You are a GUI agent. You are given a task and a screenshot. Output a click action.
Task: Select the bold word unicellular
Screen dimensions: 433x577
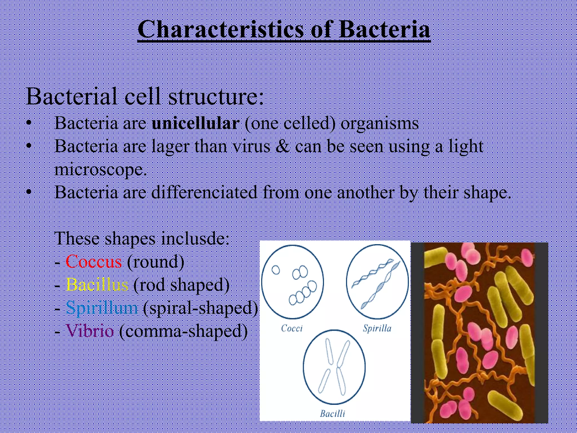(x=196, y=123)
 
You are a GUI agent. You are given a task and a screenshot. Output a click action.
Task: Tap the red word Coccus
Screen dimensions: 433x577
(x=94, y=261)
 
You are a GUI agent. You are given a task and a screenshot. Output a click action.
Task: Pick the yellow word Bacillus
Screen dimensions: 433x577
(x=97, y=284)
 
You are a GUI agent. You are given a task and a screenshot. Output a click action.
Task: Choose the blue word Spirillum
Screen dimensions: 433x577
(x=102, y=308)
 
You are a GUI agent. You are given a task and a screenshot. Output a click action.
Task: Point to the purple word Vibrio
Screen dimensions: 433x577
(x=90, y=330)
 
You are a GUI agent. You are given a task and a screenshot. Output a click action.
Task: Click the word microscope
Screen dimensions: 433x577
(x=101, y=170)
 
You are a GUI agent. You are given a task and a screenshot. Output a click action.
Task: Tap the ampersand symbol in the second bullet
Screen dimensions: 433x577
(x=282, y=147)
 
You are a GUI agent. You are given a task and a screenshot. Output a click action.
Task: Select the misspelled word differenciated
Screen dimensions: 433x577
(x=204, y=192)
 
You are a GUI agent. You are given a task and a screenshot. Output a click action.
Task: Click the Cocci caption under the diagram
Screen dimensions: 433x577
(x=292, y=328)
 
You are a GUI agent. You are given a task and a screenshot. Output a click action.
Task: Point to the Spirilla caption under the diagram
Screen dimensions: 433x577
(x=377, y=328)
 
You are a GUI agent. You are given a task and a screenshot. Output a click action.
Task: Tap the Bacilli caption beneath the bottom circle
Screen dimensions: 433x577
(x=332, y=414)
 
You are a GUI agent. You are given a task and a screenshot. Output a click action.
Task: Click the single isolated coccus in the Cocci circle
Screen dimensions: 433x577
(x=276, y=270)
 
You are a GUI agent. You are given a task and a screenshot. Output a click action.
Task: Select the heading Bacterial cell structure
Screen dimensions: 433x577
(x=145, y=96)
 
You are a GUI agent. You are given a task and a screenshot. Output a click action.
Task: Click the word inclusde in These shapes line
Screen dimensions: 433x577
(x=195, y=238)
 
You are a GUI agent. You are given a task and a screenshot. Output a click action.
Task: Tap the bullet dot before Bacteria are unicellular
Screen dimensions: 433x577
(x=28, y=123)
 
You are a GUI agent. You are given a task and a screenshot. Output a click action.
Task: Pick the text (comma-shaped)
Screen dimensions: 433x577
(x=183, y=330)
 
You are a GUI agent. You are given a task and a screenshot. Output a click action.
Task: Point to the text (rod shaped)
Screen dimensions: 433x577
(x=181, y=284)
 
